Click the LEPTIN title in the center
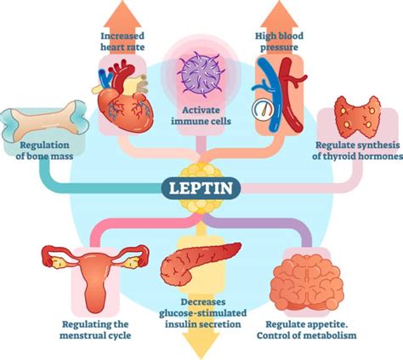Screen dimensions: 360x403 (x=201, y=186)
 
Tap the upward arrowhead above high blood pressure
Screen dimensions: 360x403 (x=281, y=13)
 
